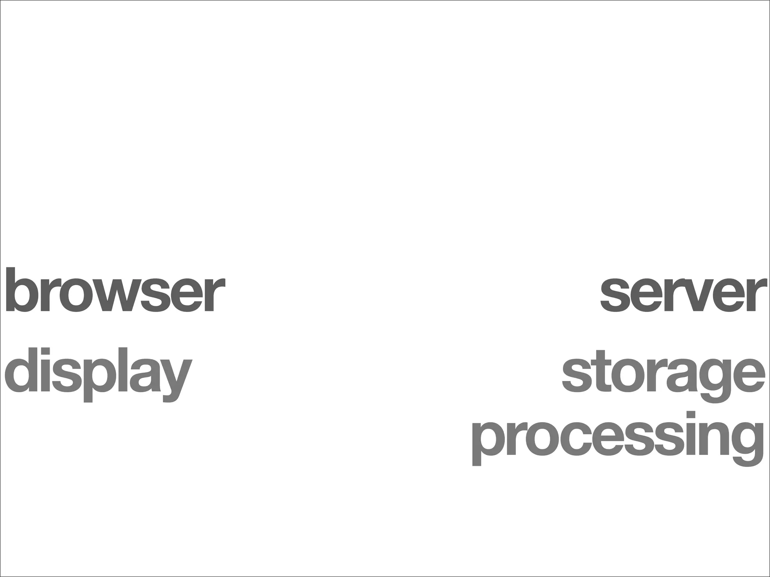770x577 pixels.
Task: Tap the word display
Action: click(x=98, y=372)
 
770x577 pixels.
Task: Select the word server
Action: click(x=682, y=295)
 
